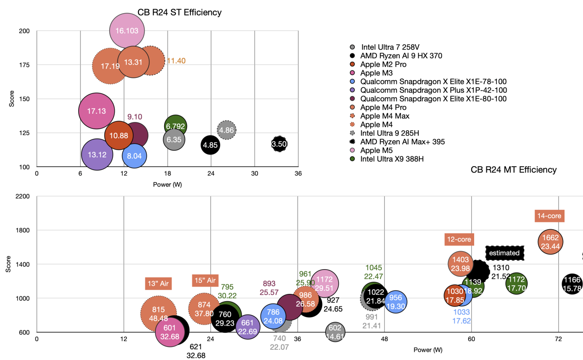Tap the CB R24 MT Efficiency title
coord(514,170)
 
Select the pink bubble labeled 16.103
coord(127,31)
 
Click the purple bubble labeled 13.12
coord(97,154)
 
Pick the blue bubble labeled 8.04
coord(135,156)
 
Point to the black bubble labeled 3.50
coord(279,144)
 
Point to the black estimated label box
coord(505,253)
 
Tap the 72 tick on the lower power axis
coord(558,340)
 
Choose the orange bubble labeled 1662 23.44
coord(550,242)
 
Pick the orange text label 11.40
coord(176,61)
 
